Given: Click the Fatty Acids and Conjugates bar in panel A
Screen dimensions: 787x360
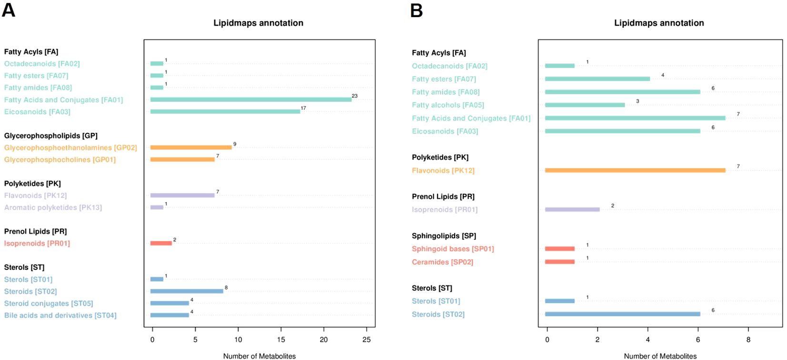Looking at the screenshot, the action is (x=251, y=100).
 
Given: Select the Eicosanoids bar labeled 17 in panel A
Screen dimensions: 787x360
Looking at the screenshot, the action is (x=225, y=112).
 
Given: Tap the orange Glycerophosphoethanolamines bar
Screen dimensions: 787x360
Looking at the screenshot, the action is (x=191, y=148).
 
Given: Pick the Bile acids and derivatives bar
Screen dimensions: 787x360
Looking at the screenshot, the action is (x=169, y=315).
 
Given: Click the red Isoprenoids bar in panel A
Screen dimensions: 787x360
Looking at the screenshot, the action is (x=161, y=243).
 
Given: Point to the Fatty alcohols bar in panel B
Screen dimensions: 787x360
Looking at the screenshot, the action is (x=585, y=105).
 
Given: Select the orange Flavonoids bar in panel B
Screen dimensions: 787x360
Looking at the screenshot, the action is (x=635, y=170).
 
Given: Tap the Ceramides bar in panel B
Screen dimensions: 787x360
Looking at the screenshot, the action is (x=560, y=262).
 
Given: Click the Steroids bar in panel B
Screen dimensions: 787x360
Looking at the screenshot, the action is (x=623, y=314).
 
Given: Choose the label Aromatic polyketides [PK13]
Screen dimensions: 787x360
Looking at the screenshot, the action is (x=53, y=208).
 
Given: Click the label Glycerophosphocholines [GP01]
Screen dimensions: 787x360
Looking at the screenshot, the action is (x=60, y=160).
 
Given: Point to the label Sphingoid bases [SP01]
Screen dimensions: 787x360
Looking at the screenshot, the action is (x=453, y=249).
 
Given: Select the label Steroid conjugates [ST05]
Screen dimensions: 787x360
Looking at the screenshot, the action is (x=49, y=303).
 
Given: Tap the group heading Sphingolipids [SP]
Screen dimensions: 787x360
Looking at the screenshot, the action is (x=444, y=236).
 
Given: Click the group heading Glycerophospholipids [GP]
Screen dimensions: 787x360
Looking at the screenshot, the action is (x=51, y=136).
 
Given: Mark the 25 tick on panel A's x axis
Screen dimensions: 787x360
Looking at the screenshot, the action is (x=367, y=340).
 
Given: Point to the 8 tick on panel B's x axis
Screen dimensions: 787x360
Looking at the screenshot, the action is (x=748, y=340).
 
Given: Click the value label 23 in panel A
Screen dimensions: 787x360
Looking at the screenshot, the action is (x=355, y=96).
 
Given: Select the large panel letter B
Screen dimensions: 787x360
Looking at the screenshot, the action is (x=416, y=10).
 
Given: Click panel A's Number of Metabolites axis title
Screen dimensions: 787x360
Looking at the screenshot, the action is (x=259, y=356).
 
